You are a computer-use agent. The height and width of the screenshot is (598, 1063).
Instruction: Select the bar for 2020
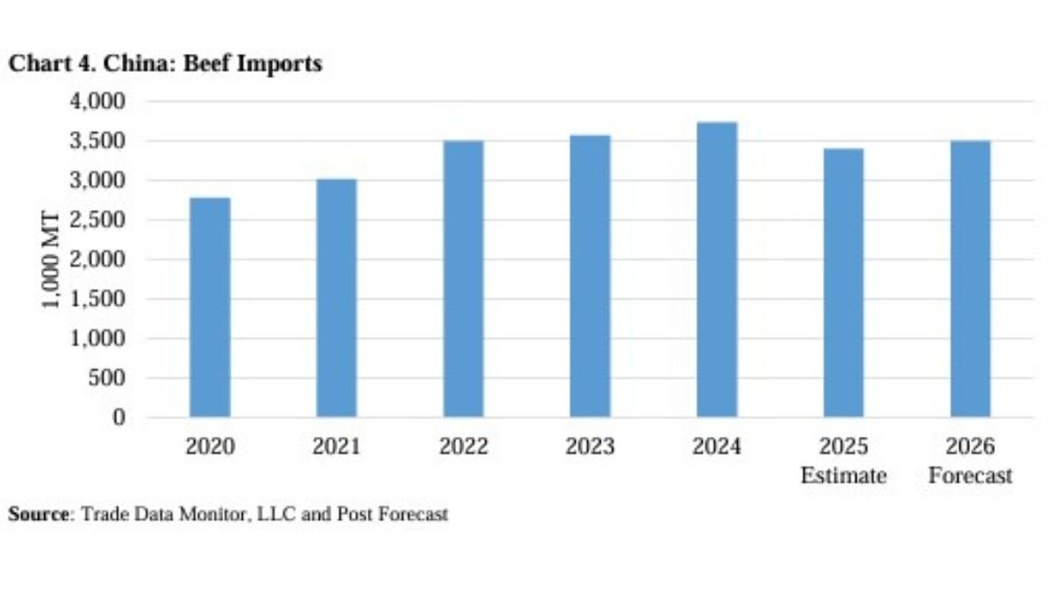210,307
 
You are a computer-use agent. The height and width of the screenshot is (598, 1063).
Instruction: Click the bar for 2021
337,299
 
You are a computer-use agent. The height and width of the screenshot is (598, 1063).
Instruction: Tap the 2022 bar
463,279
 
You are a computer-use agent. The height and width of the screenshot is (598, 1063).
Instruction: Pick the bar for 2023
590,276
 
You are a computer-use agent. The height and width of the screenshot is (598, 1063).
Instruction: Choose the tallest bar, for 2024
717,269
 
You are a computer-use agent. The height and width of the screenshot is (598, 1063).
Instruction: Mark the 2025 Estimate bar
843,283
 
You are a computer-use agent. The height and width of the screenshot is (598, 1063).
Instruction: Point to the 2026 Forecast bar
970,279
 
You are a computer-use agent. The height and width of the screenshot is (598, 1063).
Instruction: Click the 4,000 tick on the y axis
97,101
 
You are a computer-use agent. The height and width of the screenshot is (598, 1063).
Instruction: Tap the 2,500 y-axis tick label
97,220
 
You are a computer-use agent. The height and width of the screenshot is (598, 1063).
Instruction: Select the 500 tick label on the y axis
108,378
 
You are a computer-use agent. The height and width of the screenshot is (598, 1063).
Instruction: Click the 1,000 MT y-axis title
52,260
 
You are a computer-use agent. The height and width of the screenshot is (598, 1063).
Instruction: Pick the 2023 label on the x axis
590,447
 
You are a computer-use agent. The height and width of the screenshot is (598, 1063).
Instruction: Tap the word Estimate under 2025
843,476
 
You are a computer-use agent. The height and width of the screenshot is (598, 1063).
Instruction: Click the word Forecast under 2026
970,476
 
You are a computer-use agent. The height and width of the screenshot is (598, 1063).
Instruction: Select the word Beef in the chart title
197,65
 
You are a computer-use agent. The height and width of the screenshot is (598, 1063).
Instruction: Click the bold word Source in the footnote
38,514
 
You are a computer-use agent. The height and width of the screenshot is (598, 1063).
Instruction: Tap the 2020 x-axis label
210,447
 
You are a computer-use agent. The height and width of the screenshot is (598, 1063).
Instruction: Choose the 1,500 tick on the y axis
97,299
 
